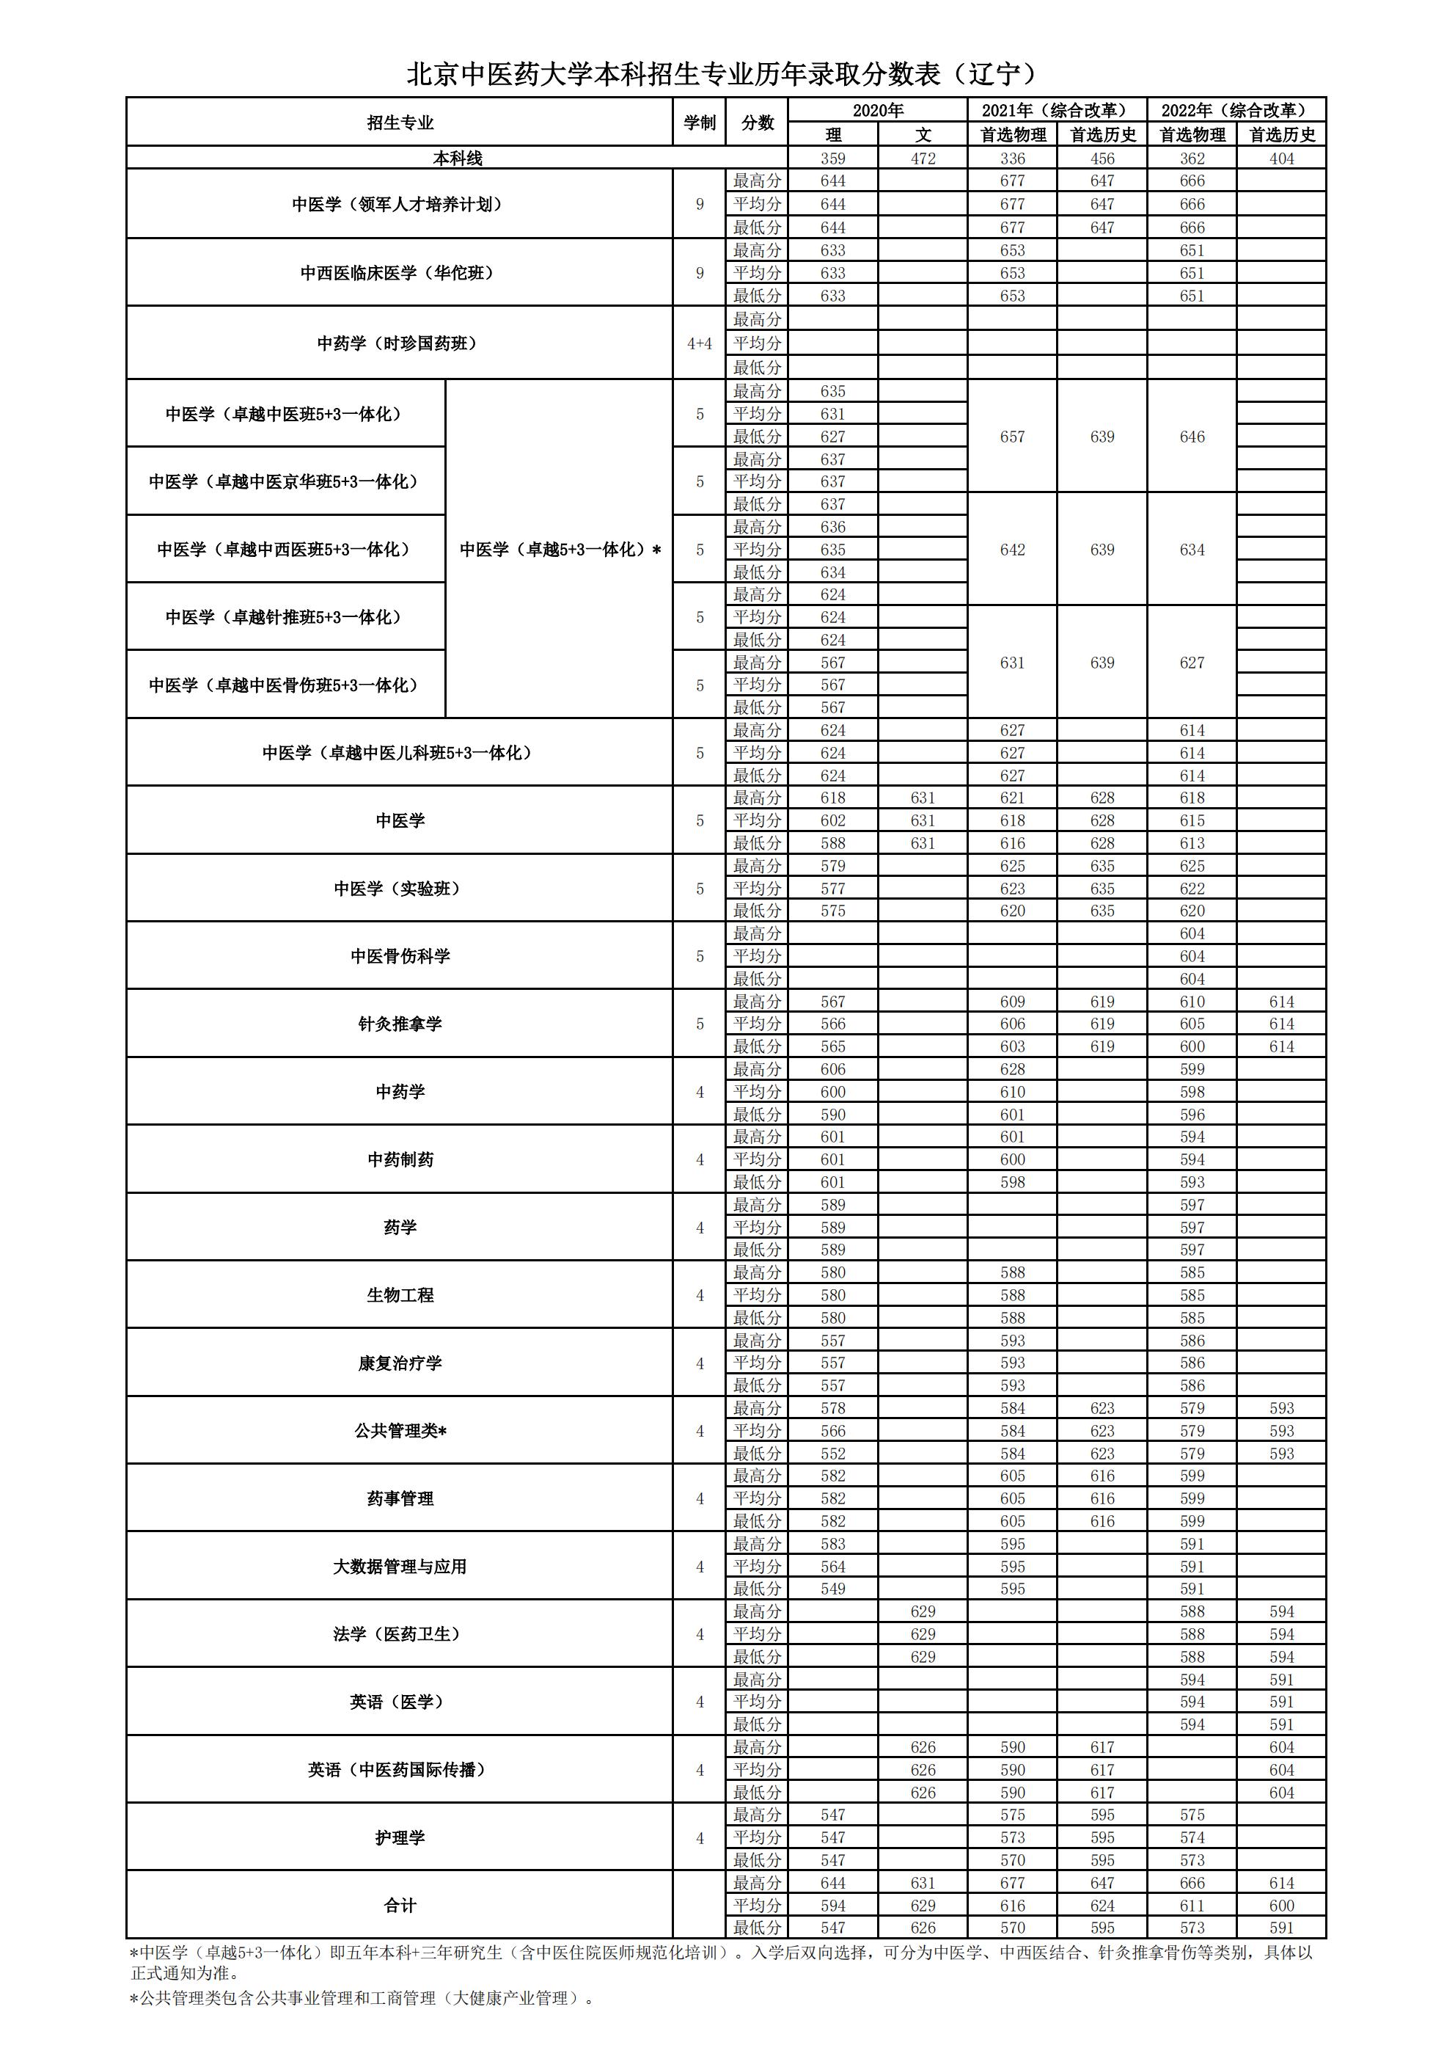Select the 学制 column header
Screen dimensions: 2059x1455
(699, 122)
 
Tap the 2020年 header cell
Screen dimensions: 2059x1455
(878, 110)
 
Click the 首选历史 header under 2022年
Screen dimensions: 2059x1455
(1281, 134)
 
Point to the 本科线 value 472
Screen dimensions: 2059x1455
(923, 158)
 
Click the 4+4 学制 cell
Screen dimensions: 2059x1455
(699, 343)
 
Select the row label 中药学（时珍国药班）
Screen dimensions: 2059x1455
(400, 343)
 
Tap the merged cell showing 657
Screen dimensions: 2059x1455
(1012, 437)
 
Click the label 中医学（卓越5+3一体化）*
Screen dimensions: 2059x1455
(560, 550)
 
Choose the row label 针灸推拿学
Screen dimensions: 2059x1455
(400, 1024)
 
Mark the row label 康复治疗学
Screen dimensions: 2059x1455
(400, 1363)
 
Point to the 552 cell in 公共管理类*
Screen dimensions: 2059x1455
(833, 1454)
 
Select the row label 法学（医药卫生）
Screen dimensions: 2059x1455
(400, 1635)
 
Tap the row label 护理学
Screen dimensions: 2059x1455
(400, 1837)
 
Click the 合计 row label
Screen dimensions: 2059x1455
(400, 1906)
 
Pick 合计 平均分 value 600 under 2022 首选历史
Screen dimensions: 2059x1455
(1281, 1906)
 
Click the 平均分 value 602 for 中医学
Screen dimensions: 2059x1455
(833, 820)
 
